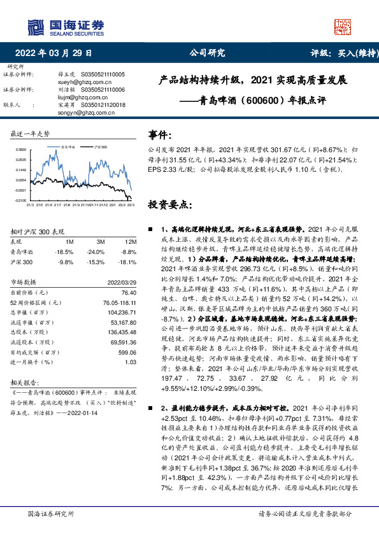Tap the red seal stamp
click(343, 26)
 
